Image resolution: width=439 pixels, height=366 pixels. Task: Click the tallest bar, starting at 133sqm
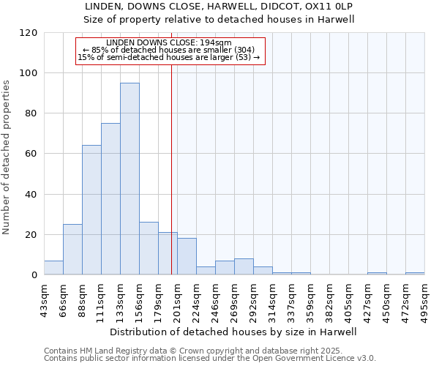130,179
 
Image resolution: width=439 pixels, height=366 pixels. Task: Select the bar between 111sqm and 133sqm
110,199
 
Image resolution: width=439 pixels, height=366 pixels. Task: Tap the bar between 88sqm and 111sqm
91,210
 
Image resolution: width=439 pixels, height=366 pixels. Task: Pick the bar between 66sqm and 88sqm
72,250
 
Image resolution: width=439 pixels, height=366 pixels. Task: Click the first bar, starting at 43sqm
53,268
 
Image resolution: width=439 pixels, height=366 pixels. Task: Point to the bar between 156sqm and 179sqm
149,249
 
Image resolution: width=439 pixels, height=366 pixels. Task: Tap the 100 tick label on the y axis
29,73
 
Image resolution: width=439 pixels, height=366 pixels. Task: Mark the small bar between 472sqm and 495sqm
415,274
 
